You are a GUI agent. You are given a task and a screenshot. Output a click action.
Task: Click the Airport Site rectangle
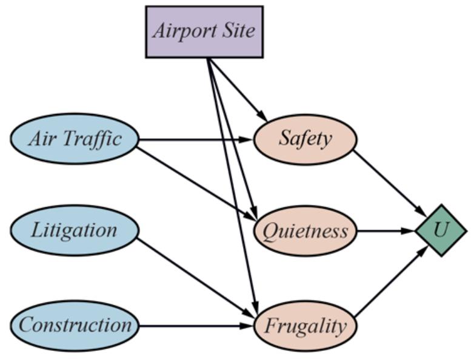204,32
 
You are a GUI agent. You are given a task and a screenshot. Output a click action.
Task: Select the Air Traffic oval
75,139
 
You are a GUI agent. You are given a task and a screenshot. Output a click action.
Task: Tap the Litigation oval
75,230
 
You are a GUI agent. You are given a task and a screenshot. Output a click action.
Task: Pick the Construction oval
75,325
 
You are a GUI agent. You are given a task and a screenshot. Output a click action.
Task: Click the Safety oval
305,139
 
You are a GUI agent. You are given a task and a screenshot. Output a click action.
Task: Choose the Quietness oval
305,231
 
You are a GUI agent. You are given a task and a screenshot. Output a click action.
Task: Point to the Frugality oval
305,326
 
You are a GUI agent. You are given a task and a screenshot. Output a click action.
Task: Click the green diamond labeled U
441,230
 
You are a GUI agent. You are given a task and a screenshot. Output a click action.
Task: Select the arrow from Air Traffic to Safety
194,139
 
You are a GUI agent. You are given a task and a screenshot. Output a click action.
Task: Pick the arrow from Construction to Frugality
194,326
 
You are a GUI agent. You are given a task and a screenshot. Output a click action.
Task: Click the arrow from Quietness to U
386,231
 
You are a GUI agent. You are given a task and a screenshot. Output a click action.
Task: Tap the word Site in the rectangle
241,31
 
